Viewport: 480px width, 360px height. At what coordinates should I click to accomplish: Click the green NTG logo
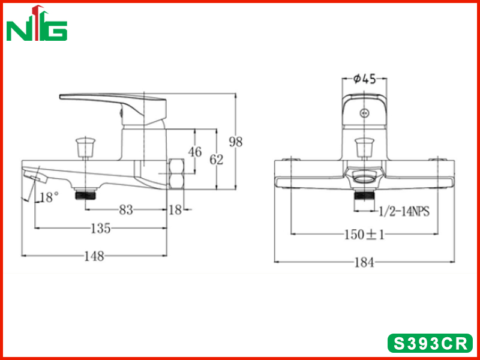pyautogui.click(x=37, y=23)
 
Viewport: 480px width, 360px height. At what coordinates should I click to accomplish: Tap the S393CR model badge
pyautogui.click(x=430, y=343)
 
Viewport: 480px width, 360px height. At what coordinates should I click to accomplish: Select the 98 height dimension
pyautogui.click(x=236, y=142)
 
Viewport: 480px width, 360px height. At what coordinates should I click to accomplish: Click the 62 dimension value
pyautogui.click(x=217, y=160)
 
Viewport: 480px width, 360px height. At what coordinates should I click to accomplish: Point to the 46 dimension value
pyautogui.click(x=195, y=152)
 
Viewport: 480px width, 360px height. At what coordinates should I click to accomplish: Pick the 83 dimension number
pyautogui.click(x=126, y=210)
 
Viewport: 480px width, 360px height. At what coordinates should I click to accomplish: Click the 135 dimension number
pyautogui.click(x=101, y=229)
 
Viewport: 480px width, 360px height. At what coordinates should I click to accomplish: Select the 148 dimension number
pyautogui.click(x=94, y=256)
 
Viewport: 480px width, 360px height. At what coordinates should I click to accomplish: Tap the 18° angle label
pyautogui.click(x=49, y=197)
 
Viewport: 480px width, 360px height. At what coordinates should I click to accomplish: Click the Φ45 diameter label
pyautogui.click(x=364, y=79)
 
